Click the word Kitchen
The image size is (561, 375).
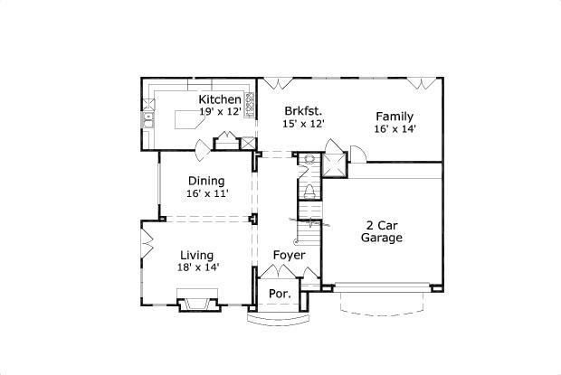pyautogui.click(x=220, y=99)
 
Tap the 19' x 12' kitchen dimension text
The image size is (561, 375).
pyautogui.click(x=221, y=112)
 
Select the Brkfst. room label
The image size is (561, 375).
pyautogui.click(x=303, y=109)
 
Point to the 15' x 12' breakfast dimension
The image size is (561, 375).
pyautogui.click(x=303, y=123)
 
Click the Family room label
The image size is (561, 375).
pyautogui.click(x=395, y=116)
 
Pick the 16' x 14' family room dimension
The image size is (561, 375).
pyautogui.click(x=395, y=129)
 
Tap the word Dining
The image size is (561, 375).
pyautogui.click(x=206, y=181)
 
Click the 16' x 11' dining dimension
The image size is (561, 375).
pyautogui.click(x=207, y=193)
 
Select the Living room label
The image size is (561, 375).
pyautogui.click(x=196, y=255)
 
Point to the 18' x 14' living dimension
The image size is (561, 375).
pyautogui.click(x=198, y=267)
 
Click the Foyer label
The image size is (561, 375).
pyautogui.click(x=289, y=256)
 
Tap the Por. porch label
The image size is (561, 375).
pyautogui.click(x=280, y=295)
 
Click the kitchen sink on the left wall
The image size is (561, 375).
pyautogui.click(x=151, y=118)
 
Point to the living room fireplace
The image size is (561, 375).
pyautogui.click(x=197, y=301)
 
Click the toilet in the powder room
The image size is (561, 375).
pyautogui.click(x=309, y=192)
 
